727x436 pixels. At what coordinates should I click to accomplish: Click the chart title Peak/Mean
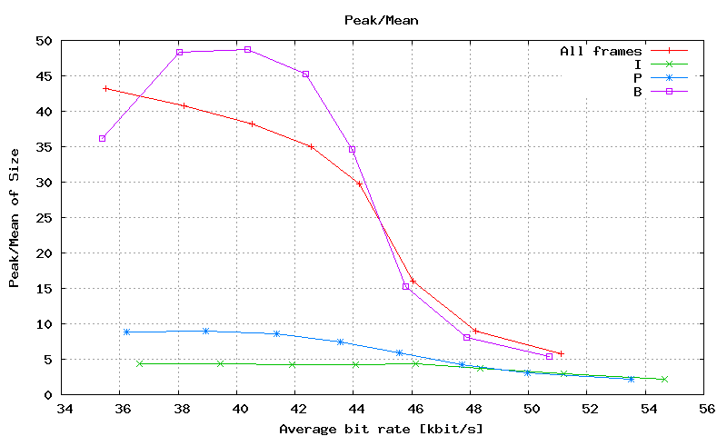(381, 19)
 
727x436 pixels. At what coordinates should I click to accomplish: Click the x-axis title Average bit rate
(381, 428)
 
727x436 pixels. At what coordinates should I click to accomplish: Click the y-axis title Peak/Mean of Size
(15, 217)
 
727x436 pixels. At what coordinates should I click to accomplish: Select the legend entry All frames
(601, 51)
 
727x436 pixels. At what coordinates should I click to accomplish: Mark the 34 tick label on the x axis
(63, 410)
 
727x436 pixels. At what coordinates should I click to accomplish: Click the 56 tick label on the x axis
(703, 410)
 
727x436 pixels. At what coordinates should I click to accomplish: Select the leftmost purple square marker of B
(103, 139)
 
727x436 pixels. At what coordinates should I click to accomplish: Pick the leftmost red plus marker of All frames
(105, 88)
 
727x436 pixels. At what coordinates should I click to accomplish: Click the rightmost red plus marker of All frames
(561, 353)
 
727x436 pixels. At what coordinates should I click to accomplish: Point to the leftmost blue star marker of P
(126, 332)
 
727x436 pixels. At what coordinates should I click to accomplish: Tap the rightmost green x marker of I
(664, 379)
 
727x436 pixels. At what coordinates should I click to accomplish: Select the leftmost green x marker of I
(140, 363)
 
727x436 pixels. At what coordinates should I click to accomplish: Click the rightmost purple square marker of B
(549, 356)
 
